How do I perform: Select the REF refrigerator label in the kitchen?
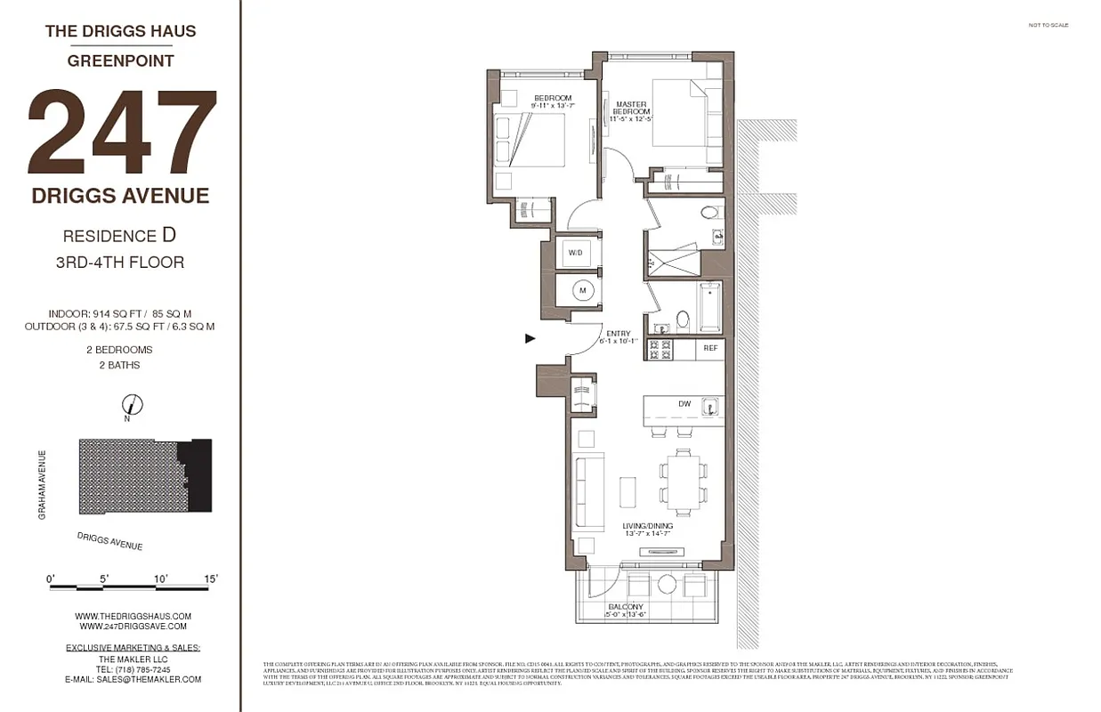pos(710,348)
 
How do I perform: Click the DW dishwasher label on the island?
pos(684,404)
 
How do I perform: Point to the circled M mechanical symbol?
pos(583,290)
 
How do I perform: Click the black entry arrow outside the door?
pos(530,338)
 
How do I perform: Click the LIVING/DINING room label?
pos(647,527)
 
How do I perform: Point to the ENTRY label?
pos(618,334)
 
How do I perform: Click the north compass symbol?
pos(132,405)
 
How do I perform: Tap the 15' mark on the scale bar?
pos(211,578)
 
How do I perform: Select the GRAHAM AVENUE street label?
pos(42,485)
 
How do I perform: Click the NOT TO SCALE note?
pos(1048,25)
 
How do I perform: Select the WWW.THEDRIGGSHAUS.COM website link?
pos(133,616)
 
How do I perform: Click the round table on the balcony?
pos(667,585)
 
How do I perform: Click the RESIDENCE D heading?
pos(119,236)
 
